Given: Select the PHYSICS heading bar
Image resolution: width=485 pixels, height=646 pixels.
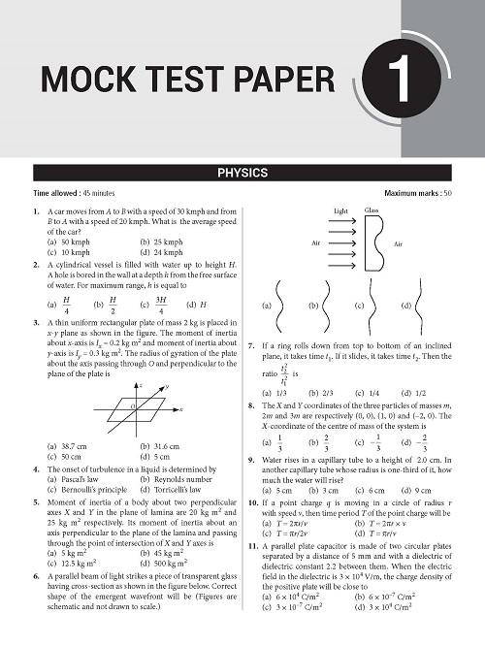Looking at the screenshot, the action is click(242, 176).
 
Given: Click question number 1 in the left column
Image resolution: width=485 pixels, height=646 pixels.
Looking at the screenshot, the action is click(36, 210).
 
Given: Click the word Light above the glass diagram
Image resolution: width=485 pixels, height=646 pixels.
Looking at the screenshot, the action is click(339, 210).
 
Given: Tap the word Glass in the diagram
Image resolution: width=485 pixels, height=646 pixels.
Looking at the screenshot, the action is click(371, 210).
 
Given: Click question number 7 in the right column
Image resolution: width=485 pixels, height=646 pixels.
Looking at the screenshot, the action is click(251, 344).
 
